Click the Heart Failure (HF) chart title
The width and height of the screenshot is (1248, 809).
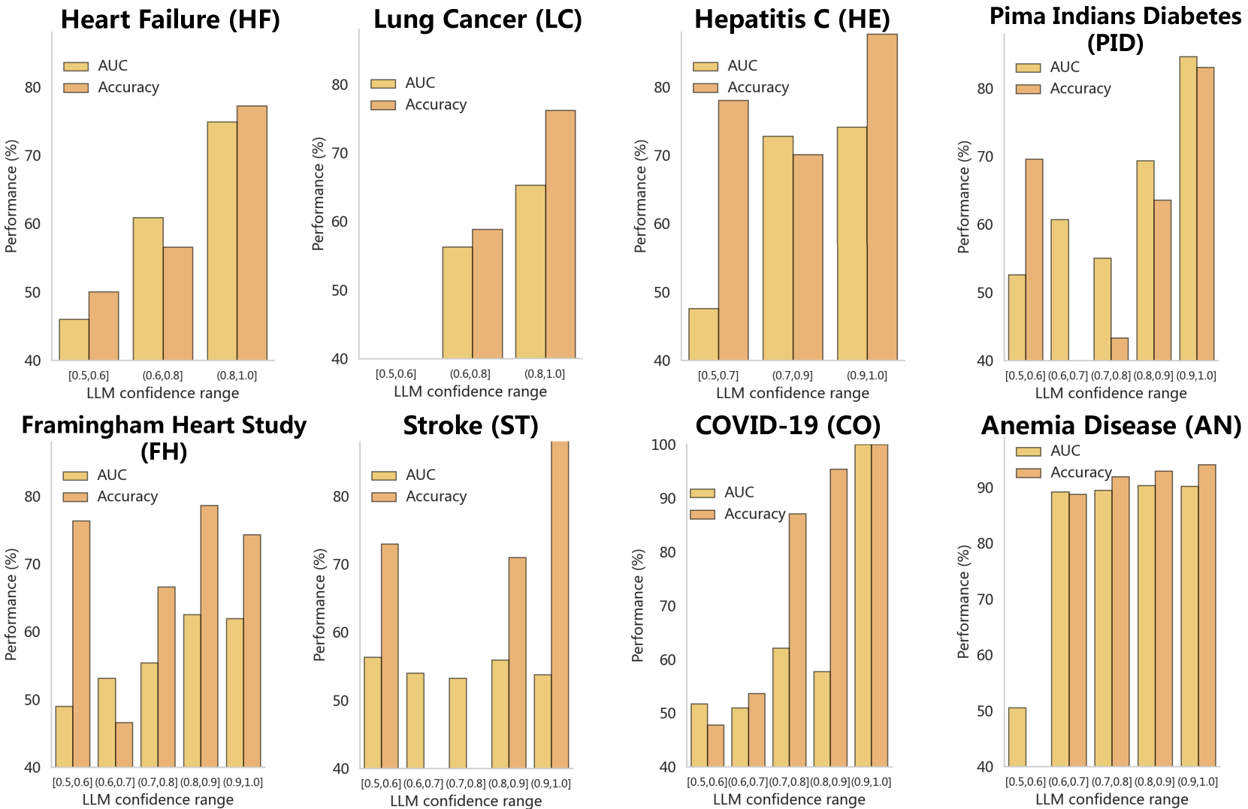[171, 20]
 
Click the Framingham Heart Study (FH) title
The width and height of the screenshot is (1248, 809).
[164, 438]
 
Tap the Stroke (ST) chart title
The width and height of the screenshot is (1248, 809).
[470, 426]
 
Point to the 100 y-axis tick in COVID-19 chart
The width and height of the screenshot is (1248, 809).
[663, 445]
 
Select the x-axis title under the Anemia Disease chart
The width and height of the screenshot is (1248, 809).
[1111, 799]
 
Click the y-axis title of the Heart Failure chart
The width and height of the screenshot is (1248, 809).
[11, 196]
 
